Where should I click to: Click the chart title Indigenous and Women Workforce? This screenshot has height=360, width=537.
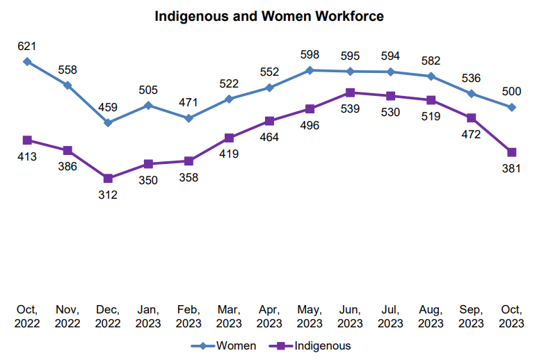click(268, 16)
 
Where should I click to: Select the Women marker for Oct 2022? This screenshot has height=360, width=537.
click(27, 61)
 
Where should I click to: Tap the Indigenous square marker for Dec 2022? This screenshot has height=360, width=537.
click(108, 179)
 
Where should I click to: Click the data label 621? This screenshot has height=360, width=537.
click(27, 47)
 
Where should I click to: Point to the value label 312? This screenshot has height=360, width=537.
click(108, 195)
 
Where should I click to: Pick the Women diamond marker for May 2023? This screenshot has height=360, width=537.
click(310, 70)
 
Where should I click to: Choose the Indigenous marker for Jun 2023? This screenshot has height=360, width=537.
click(351, 92)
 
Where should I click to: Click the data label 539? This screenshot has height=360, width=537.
click(351, 109)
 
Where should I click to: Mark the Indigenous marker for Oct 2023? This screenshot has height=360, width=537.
click(512, 152)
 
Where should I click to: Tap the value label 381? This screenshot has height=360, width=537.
click(512, 169)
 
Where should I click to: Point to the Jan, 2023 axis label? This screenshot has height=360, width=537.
click(148, 316)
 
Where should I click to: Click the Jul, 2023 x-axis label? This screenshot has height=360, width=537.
click(390, 316)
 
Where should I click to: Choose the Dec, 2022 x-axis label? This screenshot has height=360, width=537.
click(108, 316)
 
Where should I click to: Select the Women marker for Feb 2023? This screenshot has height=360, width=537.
click(189, 118)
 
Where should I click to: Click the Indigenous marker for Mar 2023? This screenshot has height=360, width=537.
click(229, 138)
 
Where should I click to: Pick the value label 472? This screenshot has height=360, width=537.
click(472, 134)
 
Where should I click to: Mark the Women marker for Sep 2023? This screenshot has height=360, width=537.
click(472, 93)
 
